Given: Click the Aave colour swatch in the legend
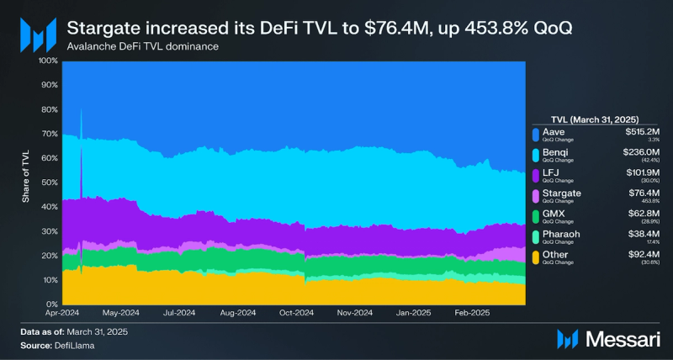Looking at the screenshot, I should [x=535, y=133].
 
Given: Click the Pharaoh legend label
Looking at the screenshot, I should [x=560, y=234].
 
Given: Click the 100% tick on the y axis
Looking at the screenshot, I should [x=46, y=61].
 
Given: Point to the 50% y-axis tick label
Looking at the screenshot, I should [x=49, y=183].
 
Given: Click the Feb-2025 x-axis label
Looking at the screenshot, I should [x=471, y=312].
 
